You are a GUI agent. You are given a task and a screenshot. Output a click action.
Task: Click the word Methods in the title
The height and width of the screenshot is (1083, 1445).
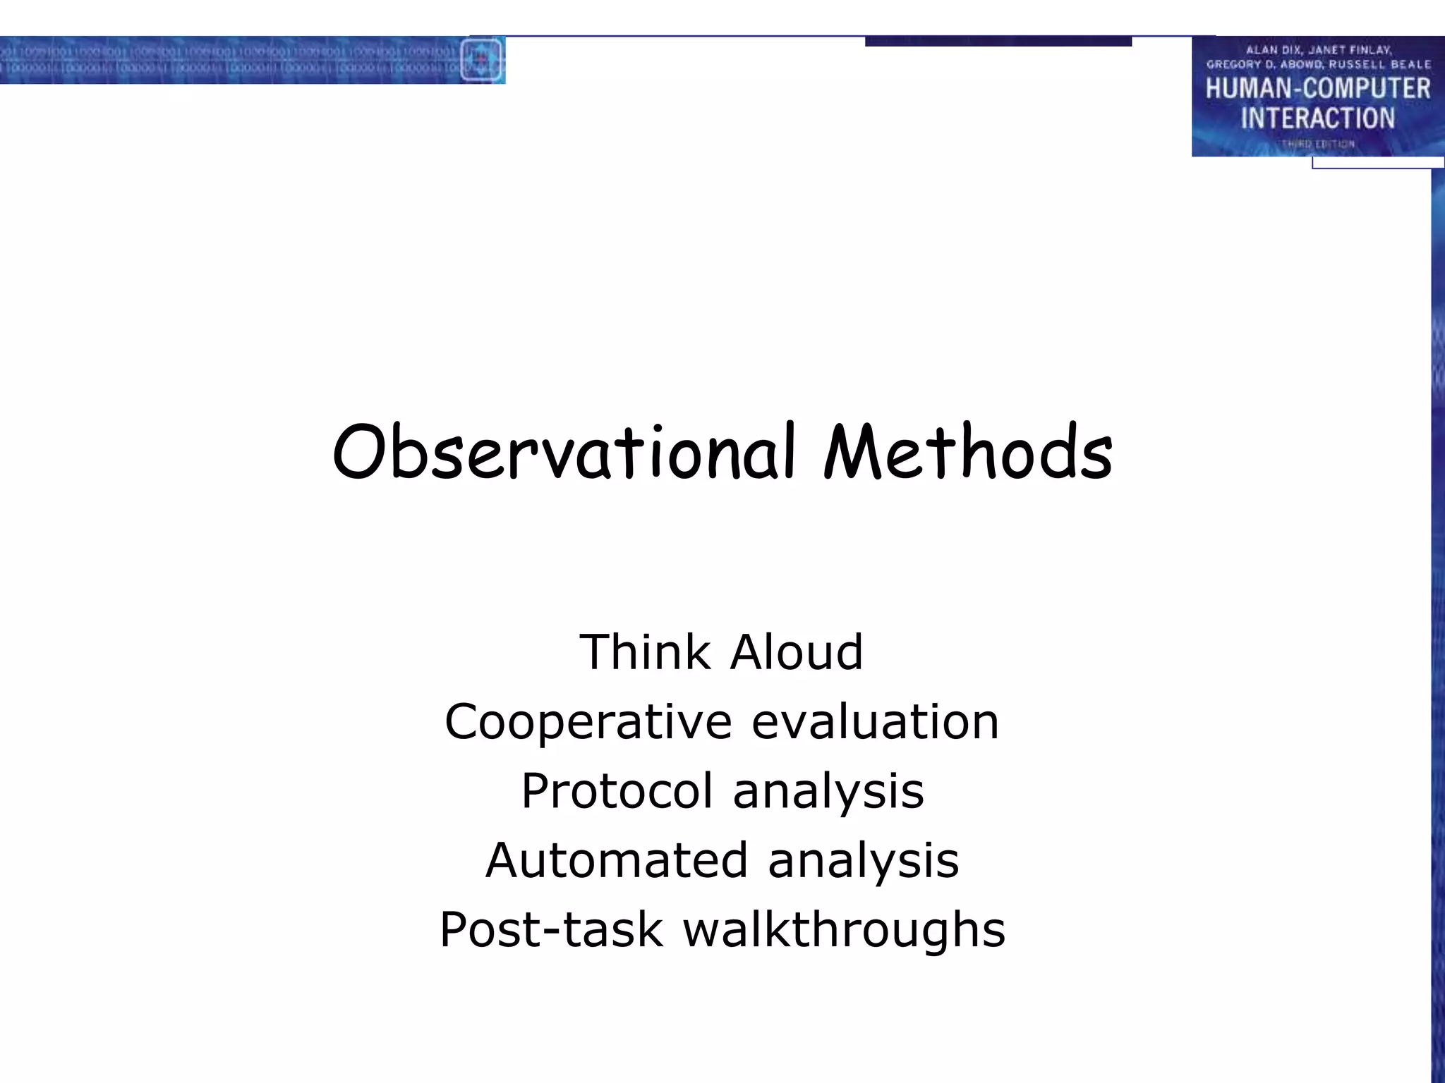click(968, 453)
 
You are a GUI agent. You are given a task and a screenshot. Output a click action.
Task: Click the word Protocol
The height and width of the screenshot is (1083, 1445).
click(617, 790)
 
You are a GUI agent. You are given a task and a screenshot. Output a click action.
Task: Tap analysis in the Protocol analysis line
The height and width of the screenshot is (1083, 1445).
click(828, 792)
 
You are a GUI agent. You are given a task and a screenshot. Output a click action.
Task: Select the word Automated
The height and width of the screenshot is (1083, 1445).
click(617, 860)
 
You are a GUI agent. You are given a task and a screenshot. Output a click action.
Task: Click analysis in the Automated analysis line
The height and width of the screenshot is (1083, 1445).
click(864, 862)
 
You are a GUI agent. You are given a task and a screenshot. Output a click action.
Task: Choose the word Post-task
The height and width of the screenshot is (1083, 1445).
click(551, 929)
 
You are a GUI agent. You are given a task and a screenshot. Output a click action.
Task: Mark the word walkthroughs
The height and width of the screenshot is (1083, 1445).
click(844, 929)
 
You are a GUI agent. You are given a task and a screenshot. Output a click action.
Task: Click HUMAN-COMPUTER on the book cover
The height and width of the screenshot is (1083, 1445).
click(1317, 89)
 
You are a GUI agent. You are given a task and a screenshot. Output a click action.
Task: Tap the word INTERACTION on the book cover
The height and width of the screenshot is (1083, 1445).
click(1317, 118)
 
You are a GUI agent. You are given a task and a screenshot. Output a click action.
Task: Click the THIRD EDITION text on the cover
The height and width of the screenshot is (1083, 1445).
click(1317, 144)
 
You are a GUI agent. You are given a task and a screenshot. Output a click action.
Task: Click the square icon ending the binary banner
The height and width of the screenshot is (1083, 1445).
click(482, 60)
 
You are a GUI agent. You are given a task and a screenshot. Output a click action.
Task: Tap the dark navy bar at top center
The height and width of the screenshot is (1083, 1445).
click(998, 42)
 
